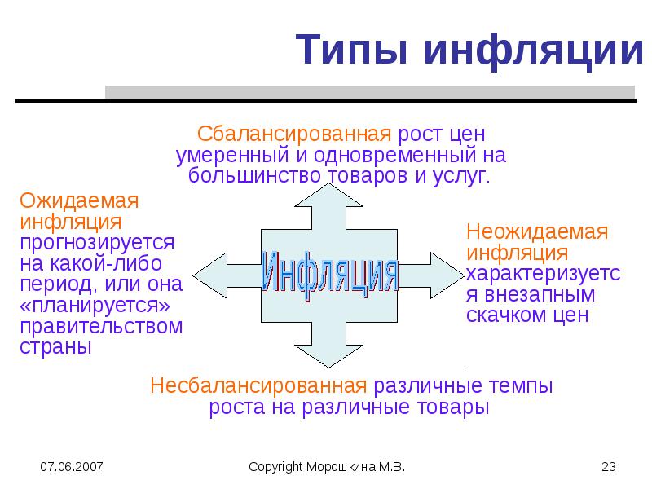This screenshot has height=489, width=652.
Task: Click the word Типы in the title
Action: tap(351, 50)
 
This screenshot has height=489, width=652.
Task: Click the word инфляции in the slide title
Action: tap(535, 51)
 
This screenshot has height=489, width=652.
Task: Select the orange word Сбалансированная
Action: tap(294, 134)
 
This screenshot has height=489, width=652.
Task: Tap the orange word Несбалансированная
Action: tap(258, 385)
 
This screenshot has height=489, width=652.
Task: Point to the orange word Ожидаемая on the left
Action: tap(79, 200)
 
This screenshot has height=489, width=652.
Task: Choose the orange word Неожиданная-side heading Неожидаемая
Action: tap(537, 231)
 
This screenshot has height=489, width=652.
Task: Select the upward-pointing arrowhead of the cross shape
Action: tap(328, 195)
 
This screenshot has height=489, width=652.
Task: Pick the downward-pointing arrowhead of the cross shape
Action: tap(328, 356)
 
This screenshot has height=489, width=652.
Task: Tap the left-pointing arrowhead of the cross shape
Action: tap(210, 275)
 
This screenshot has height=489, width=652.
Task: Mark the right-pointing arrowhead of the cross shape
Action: tap(447, 275)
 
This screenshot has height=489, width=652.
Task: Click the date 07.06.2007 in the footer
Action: tap(72, 466)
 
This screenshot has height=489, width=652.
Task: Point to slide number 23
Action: tap(608, 466)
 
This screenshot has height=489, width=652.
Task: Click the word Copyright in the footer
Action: tap(275, 467)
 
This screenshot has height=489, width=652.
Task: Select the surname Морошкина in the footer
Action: tap(341, 467)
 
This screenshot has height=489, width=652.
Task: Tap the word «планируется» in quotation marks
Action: tap(95, 305)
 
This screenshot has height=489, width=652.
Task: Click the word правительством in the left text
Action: tap(101, 327)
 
